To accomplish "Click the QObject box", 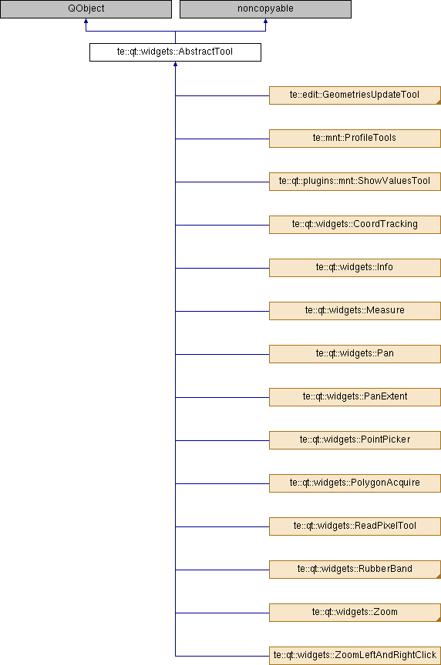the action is pyautogui.click(x=86, y=9).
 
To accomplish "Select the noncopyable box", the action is pyautogui.click(x=265, y=9).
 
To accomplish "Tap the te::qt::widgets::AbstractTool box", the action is pyautogui.click(x=175, y=52).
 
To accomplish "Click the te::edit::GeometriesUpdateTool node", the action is pyautogui.click(x=355, y=95).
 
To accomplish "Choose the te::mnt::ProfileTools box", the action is pyautogui.click(x=355, y=139).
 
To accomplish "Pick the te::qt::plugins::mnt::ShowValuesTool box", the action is pyautogui.click(x=355, y=182).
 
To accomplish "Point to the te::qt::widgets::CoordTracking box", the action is pyautogui.click(x=355, y=225).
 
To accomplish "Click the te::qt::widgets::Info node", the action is pyautogui.click(x=355, y=268).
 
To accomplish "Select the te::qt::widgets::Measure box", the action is pyautogui.click(x=355, y=311).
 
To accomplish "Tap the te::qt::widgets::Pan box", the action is pyautogui.click(x=355, y=354).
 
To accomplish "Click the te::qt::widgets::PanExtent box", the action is pyautogui.click(x=355, y=397).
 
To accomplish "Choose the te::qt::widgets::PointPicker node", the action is pyautogui.click(x=355, y=440).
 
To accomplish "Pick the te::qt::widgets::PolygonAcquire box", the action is pyautogui.click(x=355, y=483).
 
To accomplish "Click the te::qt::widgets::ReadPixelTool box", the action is pyautogui.click(x=355, y=526).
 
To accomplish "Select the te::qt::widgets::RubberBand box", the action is pyautogui.click(x=355, y=570).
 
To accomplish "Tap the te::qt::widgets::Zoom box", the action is pyautogui.click(x=355, y=613).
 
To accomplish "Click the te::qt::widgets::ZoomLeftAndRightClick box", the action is pyautogui.click(x=355, y=656).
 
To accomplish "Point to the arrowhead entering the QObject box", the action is pyautogui.click(x=86, y=21).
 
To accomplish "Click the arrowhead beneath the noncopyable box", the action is pyautogui.click(x=265, y=21).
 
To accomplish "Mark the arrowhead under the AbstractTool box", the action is pyautogui.click(x=175, y=64).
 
